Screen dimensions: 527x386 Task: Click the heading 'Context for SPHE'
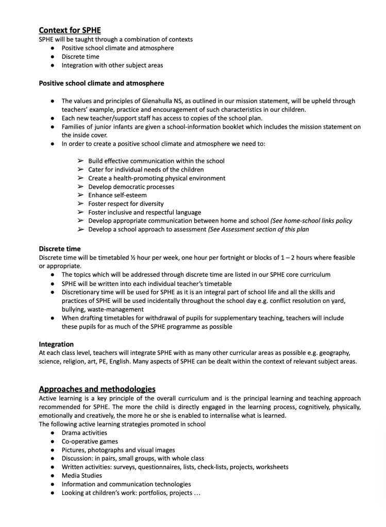70,30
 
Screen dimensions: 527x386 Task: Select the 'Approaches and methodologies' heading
97,389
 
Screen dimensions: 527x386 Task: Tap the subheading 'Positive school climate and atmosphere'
102,82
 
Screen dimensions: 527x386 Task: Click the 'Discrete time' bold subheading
60,249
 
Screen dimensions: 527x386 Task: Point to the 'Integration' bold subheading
56,344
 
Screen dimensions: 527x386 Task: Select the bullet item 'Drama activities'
85,433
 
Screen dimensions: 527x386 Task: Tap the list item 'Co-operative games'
90,441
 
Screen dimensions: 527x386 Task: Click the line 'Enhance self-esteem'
118,195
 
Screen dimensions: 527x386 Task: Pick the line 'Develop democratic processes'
131,186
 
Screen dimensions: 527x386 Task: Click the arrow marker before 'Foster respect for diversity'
80,203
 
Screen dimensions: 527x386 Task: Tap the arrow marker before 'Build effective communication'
80,161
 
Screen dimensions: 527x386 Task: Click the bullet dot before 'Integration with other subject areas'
53,65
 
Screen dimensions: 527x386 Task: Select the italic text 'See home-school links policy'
312,220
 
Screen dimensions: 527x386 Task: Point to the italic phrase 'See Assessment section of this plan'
259,229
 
